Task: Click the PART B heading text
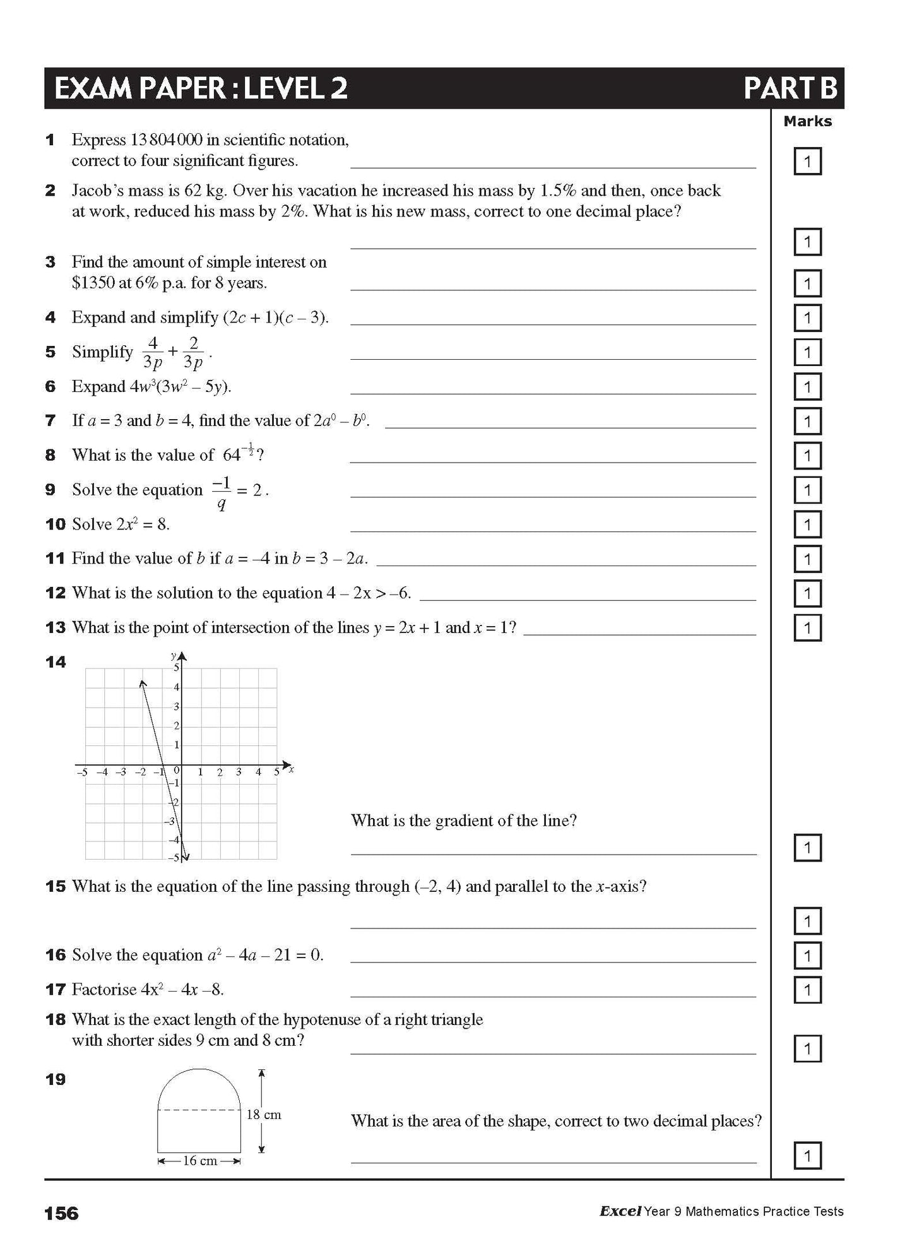click(x=790, y=88)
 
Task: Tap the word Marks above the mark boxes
click(x=807, y=121)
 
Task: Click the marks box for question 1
click(x=807, y=162)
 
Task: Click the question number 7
click(x=50, y=420)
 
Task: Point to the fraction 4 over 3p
click(x=153, y=352)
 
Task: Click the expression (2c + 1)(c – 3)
click(x=275, y=317)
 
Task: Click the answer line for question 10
click(x=552, y=531)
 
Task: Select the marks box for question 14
click(x=807, y=848)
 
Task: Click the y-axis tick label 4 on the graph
click(x=177, y=687)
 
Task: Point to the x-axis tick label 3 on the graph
click(x=239, y=772)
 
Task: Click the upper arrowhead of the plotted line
click(x=143, y=684)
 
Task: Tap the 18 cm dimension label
click(x=264, y=1115)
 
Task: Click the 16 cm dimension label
click(x=199, y=1160)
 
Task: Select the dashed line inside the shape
click(x=199, y=1109)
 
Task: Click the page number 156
click(x=61, y=1212)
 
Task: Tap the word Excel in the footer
click(x=620, y=1211)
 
